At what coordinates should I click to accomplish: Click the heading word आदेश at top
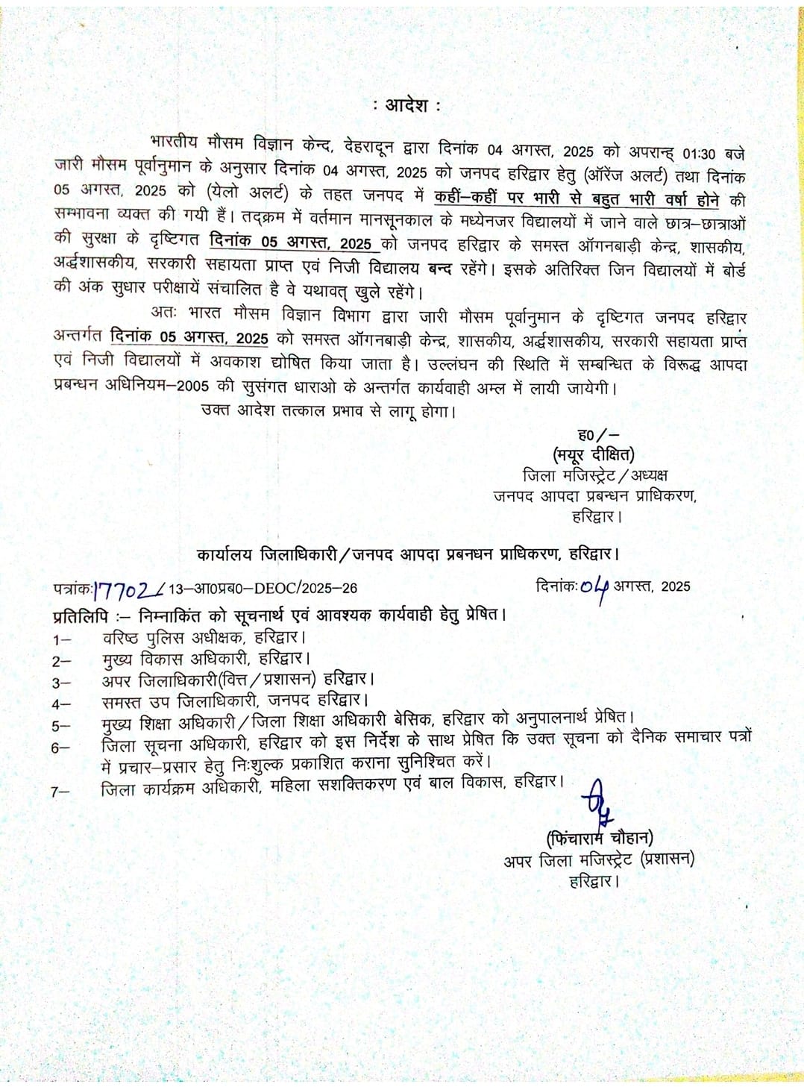click(406, 105)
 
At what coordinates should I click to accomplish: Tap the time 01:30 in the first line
click(699, 154)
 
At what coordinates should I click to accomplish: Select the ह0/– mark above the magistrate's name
click(598, 435)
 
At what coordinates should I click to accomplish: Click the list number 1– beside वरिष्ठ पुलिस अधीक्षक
click(61, 639)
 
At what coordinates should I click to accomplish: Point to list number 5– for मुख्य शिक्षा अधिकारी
click(61, 725)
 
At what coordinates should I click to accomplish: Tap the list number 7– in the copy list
click(61, 792)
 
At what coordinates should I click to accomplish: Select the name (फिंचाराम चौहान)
click(599, 838)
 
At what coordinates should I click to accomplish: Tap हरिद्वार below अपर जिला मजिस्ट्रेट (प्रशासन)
click(594, 881)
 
